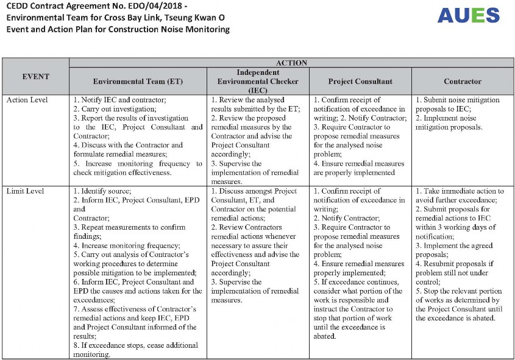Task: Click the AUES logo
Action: pos(468,15)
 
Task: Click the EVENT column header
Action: pos(36,77)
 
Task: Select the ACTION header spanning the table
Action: pos(291,63)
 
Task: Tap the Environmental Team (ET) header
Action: pos(138,81)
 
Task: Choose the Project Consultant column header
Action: pos(360,81)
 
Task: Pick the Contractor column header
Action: pos(462,81)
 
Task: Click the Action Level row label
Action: pos(27,100)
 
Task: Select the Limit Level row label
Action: pos(25,191)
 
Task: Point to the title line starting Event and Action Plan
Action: pos(118,29)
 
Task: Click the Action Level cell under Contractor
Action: pos(462,113)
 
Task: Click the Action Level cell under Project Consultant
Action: pos(360,136)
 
